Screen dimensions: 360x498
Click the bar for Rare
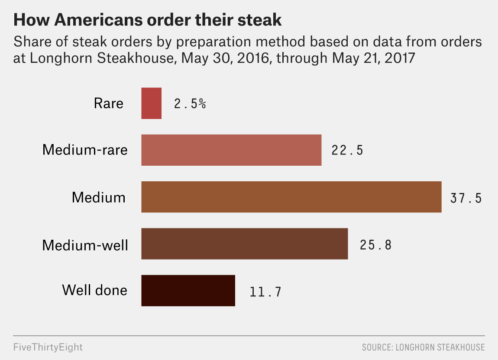[x=151, y=103]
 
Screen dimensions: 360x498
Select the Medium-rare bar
[x=231, y=150]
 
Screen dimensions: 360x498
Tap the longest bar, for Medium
[x=291, y=197]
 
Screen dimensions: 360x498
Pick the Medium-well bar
[x=244, y=244]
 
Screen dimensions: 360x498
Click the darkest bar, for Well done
[x=188, y=290]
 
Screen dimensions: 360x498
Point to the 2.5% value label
[x=190, y=104]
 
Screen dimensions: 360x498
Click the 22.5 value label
[x=347, y=151]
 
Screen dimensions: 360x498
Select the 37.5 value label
[x=466, y=198]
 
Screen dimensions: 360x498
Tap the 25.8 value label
[x=375, y=245]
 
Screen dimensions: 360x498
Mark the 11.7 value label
[x=265, y=292]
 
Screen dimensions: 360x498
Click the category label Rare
[x=108, y=103]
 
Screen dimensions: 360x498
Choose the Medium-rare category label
[x=85, y=150]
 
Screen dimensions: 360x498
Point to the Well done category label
[x=95, y=290]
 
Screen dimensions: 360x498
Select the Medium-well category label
[x=85, y=245]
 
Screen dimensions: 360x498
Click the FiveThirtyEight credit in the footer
[x=48, y=347]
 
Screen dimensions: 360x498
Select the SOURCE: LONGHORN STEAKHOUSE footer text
[x=423, y=347]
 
